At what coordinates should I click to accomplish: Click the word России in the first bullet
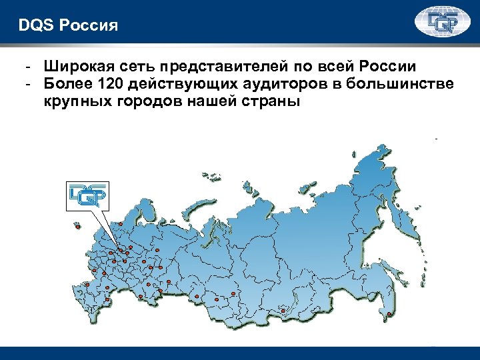[387, 67]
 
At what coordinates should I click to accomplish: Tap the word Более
[67, 85]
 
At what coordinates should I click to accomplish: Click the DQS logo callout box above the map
[87, 194]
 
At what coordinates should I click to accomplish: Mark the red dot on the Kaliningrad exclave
[78, 227]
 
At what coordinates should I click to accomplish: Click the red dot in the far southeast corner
[389, 313]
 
